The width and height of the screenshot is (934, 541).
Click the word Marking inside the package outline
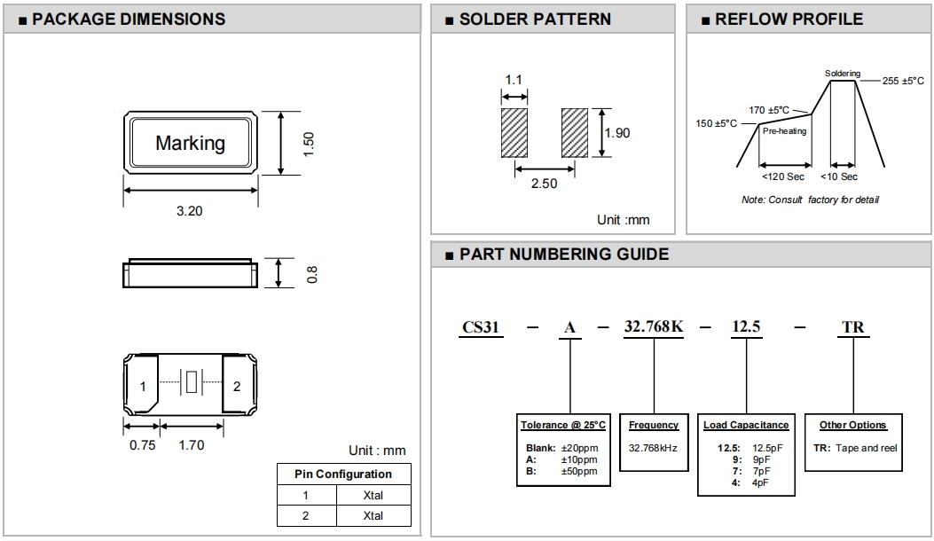click(x=190, y=143)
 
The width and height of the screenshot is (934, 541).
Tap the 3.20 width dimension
click(x=191, y=212)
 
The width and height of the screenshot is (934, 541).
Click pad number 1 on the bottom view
click(x=143, y=387)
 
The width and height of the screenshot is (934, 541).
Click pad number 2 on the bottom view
click(x=237, y=387)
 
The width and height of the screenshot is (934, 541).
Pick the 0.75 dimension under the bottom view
click(x=142, y=445)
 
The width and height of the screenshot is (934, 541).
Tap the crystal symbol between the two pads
click(x=191, y=383)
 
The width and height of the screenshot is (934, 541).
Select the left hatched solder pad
click(x=514, y=132)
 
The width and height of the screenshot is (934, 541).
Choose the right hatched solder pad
click(x=574, y=132)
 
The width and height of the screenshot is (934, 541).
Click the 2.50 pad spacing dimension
click(x=544, y=184)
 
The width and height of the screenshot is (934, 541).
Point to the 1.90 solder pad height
click(x=616, y=133)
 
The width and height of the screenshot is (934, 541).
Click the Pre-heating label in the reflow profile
click(x=785, y=131)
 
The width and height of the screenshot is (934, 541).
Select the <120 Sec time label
click(x=784, y=176)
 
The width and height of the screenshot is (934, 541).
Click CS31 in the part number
click(x=482, y=327)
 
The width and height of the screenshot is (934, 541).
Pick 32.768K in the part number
click(x=654, y=327)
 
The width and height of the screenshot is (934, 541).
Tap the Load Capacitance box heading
click(x=746, y=426)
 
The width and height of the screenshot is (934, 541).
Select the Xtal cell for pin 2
click(x=373, y=516)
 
